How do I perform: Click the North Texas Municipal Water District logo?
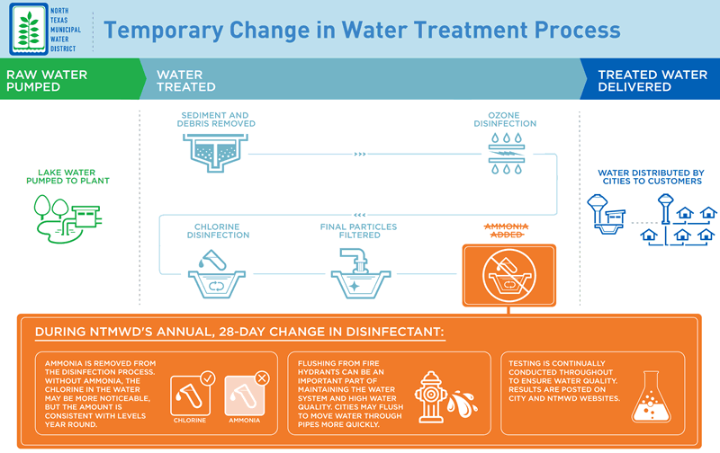point(30,29)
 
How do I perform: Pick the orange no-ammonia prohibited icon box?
point(508,274)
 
